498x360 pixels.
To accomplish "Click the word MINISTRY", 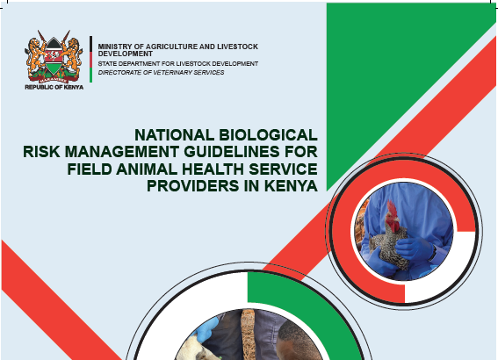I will coord(114,45).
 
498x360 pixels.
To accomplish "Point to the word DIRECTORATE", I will coord(120,72).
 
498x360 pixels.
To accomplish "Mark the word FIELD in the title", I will coord(90,169).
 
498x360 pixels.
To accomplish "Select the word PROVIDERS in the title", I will coord(181,187).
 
